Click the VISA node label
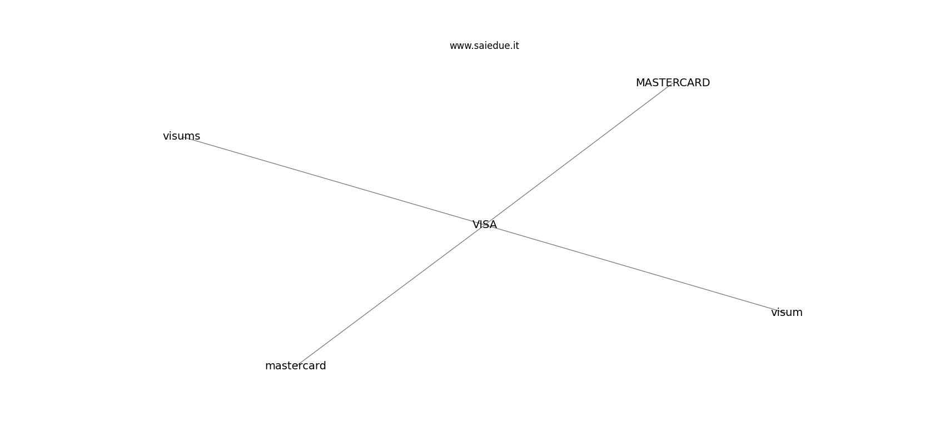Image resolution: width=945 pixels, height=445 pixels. pos(484,225)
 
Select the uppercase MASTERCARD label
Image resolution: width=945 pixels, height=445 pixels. pos(673,83)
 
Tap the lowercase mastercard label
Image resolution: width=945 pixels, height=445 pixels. pos(295,365)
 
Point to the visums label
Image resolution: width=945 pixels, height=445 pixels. pos(181,136)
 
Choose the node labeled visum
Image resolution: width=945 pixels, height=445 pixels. pos(787,313)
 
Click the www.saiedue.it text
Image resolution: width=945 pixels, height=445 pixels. pos(484,46)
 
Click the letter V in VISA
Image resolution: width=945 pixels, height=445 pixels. pos(476,225)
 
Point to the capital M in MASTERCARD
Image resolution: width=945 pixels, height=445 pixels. pos(640,83)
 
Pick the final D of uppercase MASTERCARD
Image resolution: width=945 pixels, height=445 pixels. pos(706,83)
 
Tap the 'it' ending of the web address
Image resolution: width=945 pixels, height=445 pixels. pos(516,46)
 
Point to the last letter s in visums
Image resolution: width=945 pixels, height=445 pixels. pos(198,137)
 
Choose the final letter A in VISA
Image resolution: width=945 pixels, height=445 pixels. pos(493,225)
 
